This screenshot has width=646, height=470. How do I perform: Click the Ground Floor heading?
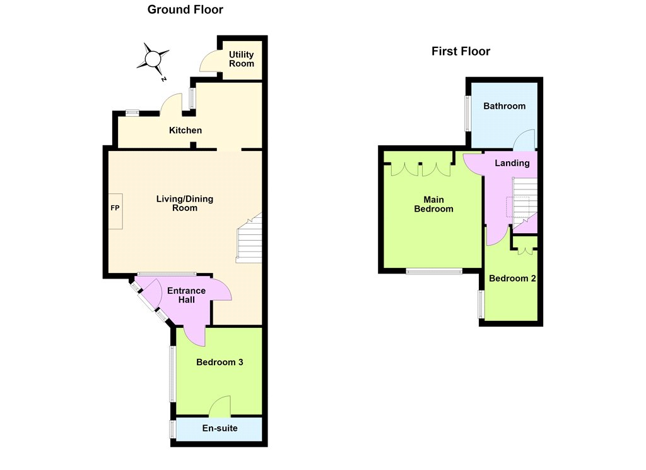[x=185, y=9]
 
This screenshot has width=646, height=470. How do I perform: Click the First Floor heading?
[x=461, y=51]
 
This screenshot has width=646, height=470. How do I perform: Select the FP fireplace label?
[x=115, y=208]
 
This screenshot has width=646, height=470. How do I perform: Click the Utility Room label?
[x=242, y=59]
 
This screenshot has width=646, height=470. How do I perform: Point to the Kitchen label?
[x=185, y=130]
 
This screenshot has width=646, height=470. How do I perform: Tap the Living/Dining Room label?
[x=185, y=203]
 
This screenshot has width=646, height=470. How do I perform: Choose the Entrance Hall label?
[x=186, y=295]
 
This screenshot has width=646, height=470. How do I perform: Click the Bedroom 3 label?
[x=220, y=363]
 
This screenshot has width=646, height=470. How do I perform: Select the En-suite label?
[x=220, y=428]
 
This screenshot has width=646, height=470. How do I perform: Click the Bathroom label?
[x=504, y=106]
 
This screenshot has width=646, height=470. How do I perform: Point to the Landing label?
[x=512, y=163]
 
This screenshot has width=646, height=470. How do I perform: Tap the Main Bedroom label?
[x=433, y=204]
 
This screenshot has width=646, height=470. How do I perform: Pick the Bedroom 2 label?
[x=512, y=279]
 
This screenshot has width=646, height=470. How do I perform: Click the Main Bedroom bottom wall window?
[x=434, y=271]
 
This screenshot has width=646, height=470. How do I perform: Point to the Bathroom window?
[x=467, y=114]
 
